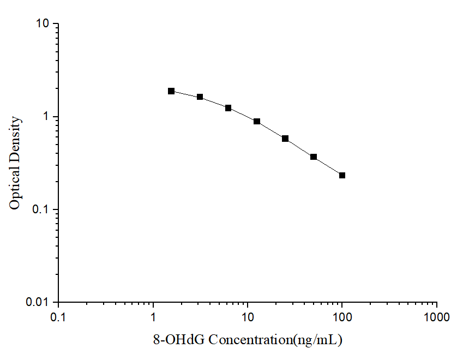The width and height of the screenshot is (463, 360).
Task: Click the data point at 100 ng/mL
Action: [342, 175]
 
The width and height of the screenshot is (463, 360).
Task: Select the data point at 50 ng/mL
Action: [314, 157]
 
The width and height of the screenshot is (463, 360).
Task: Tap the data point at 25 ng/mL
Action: [285, 139]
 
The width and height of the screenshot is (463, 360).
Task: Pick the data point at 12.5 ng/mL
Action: [257, 121]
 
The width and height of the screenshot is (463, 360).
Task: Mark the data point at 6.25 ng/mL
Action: [228, 108]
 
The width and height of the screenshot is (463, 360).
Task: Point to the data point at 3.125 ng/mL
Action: [200, 97]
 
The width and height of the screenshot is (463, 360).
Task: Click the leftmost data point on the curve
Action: [171, 91]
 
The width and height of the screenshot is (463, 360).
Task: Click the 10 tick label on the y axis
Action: [43, 24]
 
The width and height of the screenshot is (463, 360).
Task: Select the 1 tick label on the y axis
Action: [46, 117]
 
